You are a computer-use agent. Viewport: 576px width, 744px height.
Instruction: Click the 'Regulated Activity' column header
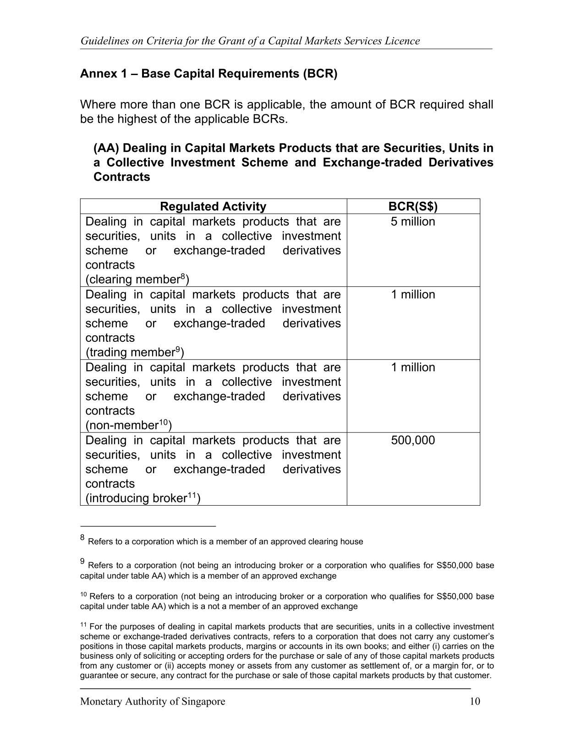point(213,206)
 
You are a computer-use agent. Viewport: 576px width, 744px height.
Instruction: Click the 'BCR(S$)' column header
point(413,206)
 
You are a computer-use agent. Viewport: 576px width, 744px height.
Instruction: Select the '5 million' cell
point(413,221)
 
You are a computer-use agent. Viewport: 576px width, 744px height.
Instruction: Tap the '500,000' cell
point(413,440)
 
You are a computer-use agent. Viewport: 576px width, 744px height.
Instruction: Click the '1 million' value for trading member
point(413,294)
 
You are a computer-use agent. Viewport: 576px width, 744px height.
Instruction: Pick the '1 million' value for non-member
point(413,367)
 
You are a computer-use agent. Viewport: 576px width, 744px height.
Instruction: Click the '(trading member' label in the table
point(130,352)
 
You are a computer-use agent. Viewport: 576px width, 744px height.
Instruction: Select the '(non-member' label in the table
point(122,426)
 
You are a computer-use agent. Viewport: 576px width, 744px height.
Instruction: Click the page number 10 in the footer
point(475,701)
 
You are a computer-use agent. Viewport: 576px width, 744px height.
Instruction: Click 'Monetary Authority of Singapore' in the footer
point(153,701)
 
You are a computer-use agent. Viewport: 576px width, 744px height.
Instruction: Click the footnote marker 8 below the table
point(82,537)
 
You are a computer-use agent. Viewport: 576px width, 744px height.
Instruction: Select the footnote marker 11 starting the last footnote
point(83,625)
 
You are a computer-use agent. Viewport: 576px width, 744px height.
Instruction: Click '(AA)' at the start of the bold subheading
point(106,148)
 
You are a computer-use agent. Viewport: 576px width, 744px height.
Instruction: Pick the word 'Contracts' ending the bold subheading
point(121,177)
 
